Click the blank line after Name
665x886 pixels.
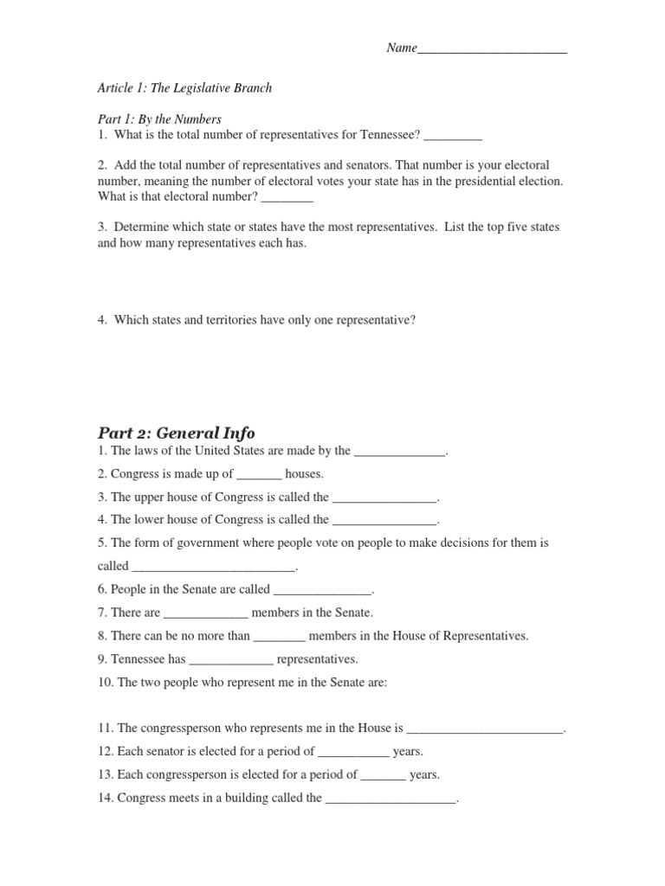click(x=492, y=49)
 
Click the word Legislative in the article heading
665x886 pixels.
click(x=196, y=88)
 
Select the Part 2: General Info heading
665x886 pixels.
click(x=176, y=433)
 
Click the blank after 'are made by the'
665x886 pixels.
click(x=399, y=451)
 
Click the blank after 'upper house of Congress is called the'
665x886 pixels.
click(x=384, y=498)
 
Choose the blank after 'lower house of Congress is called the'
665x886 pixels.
click(x=384, y=521)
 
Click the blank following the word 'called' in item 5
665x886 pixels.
click(x=213, y=567)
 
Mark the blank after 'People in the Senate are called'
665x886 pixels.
click(x=322, y=590)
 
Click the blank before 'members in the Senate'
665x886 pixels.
click(x=205, y=613)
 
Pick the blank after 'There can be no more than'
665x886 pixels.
click(x=280, y=637)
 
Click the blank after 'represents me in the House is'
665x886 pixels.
click(x=484, y=729)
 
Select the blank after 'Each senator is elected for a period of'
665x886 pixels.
click(x=353, y=753)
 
